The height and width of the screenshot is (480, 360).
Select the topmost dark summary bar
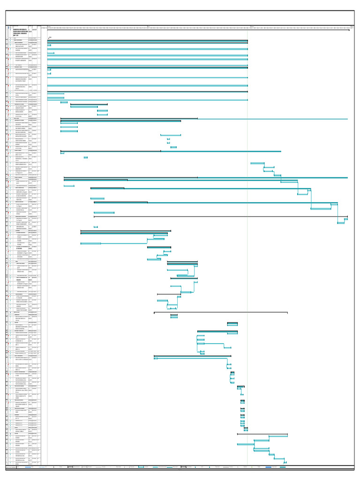[x=147, y=41]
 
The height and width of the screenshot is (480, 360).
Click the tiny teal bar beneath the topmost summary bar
[x=49, y=45]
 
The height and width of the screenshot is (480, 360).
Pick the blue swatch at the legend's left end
[x=28, y=467]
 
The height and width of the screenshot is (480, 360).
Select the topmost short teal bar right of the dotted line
[x=257, y=163]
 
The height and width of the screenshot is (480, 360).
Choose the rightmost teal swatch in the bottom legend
[x=283, y=467]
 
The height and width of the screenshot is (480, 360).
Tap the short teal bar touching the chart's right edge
[x=346, y=219]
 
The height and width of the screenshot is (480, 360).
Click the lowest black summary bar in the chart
[x=262, y=434]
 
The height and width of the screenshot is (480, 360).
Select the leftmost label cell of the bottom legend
[x=11, y=467]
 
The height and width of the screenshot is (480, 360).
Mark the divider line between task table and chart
[x=47, y=234]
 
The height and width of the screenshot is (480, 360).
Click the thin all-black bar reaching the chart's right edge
[x=220, y=217]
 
